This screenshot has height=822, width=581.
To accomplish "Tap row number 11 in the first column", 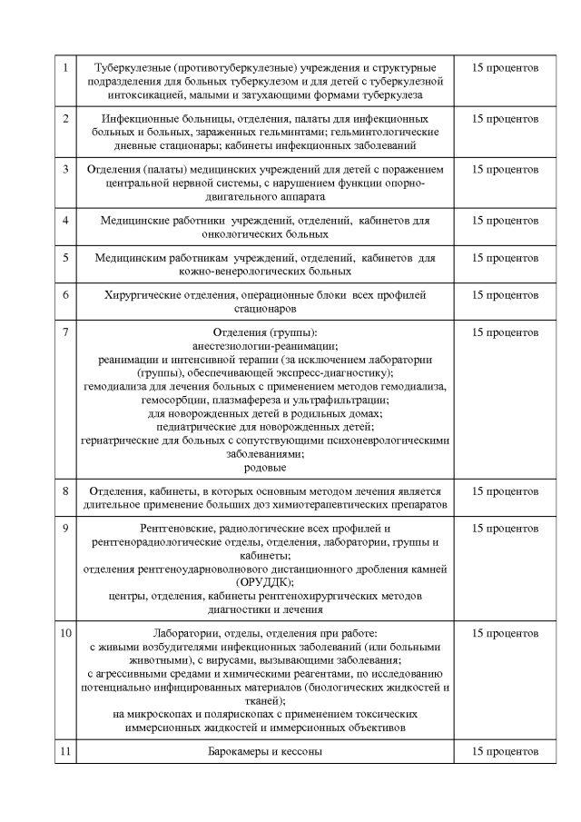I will pos(65,751).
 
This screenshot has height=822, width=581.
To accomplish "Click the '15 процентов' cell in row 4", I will pos(506,221).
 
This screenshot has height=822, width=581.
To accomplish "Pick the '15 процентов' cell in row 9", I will pos(506,529).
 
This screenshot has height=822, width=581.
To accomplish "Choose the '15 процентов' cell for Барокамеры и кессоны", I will pos(506,751).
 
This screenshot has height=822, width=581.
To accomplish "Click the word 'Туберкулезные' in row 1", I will pos(133,68).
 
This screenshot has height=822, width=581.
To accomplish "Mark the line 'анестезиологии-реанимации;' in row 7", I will pos(265,346).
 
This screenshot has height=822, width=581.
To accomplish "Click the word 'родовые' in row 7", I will pos(265,468).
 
